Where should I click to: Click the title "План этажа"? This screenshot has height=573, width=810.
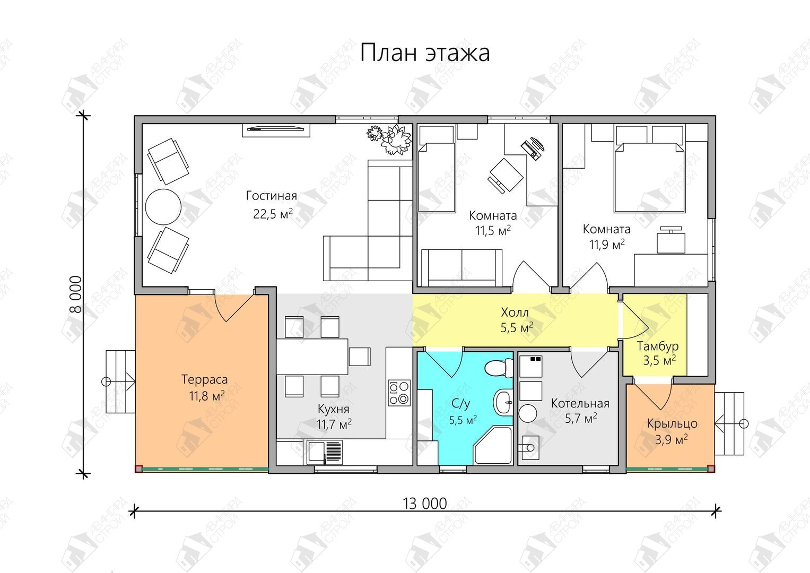point(425,53)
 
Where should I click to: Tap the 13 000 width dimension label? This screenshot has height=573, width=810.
point(425,503)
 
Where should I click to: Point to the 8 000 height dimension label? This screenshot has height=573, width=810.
point(75,294)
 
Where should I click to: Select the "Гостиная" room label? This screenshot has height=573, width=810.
point(272,196)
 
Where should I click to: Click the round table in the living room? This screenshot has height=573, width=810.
point(163,206)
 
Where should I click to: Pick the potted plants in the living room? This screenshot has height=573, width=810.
point(389,139)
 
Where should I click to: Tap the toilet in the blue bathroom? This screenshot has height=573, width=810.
point(499,368)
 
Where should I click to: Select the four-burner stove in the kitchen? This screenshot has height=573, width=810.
point(399,393)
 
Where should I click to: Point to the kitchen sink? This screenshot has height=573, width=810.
point(325,452)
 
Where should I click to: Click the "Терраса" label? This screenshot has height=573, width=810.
point(204,379)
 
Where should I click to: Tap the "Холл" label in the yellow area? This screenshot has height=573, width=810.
point(515,312)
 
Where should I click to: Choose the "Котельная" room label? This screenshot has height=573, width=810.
point(580,403)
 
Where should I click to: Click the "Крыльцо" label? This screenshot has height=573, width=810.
point(672,423)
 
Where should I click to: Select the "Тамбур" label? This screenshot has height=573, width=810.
point(657,346)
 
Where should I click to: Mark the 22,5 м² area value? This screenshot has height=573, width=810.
point(273,214)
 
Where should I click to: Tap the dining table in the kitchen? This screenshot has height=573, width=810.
point(312,357)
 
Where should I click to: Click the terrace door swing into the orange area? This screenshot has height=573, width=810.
point(233,308)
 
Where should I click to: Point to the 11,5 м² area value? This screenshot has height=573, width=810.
point(493,230)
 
